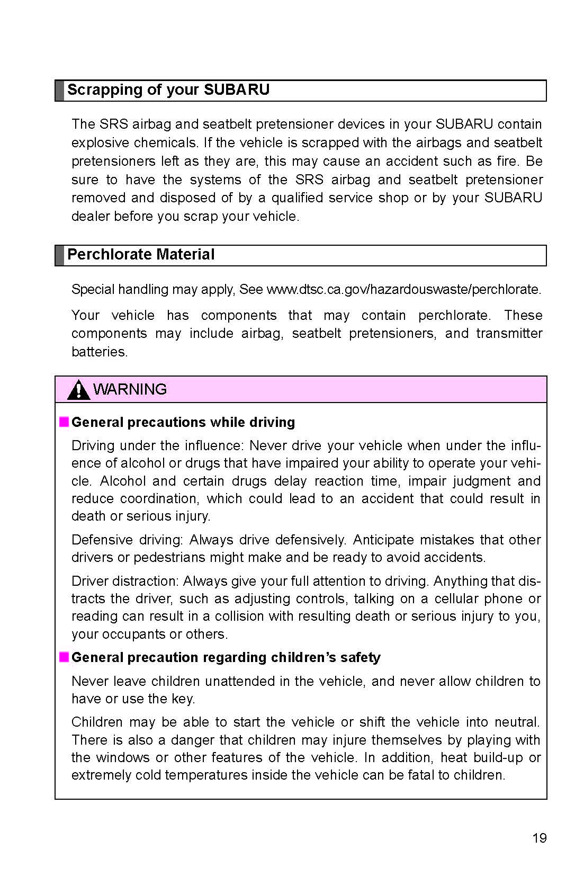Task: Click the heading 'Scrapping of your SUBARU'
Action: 168,90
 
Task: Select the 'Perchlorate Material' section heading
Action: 140,255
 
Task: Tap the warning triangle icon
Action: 78,390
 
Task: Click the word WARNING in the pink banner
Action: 130,389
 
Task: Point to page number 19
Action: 539,838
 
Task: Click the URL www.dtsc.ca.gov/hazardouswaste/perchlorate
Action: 403,290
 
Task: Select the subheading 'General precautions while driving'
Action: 183,422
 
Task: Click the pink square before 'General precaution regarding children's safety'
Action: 64,657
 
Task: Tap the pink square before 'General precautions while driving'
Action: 64,422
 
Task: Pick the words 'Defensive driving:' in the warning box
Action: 127,540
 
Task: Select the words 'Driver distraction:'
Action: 125,581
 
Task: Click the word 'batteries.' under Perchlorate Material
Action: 100,352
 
